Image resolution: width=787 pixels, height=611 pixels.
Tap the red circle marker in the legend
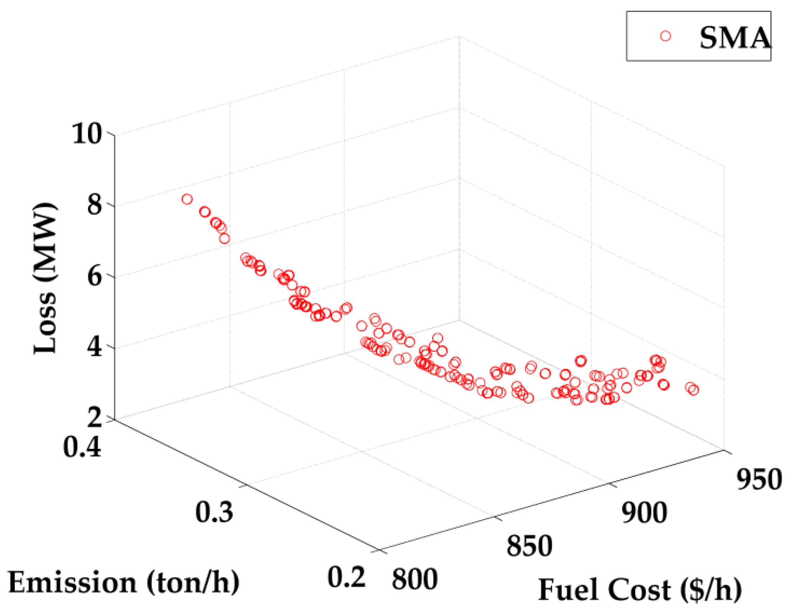(x=666, y=36)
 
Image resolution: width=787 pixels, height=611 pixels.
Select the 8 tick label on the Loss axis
(x=95, y=206)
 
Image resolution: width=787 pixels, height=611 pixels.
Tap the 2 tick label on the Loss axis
(x=95, y=419)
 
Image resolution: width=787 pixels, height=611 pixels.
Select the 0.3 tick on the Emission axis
(x=215, y=512)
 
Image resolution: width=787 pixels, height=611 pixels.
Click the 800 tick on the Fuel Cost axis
(x=415, y=580)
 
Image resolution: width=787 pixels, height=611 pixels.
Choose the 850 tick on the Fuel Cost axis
(x=529, y=546)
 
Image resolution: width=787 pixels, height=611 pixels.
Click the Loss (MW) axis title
(x=46, y=278)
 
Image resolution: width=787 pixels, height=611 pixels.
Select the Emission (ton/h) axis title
(x=124, y=583)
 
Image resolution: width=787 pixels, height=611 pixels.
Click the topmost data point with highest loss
(x=187, y=199)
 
